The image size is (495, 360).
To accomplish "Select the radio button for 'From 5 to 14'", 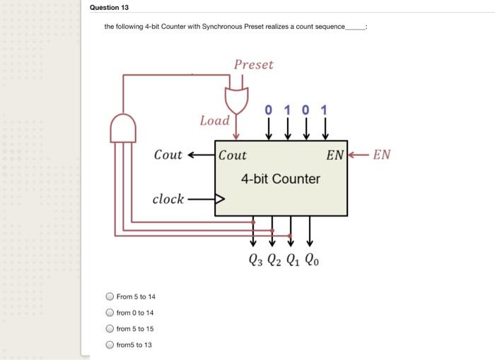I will click(110, 297).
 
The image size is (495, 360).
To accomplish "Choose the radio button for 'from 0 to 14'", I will click(110, 313).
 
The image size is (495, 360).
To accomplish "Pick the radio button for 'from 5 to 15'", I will click(110, 329).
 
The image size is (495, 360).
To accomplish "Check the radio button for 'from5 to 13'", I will click(110, 344).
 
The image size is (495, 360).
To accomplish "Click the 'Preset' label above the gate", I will click(253, 65).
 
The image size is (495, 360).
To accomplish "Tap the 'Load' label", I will click(215, 120).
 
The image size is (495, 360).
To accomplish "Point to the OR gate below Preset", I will click(237, 100).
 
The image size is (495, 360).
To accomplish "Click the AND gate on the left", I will click(122, 129).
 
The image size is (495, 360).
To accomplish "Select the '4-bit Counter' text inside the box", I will click(280, 179).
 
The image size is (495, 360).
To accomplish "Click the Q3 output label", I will click(256, 260).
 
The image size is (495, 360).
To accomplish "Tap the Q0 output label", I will click(313, 260).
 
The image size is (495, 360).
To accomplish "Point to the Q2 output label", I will click(274, 260).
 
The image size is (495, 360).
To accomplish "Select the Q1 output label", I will click(293, 260).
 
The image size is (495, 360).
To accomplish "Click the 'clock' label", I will click(168, 199).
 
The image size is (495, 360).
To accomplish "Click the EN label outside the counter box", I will click(381, 155).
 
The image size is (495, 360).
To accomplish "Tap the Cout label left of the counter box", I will click(168, 155).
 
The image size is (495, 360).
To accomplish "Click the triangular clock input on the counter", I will click(220, 199).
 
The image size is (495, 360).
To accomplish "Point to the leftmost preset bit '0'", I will click(268, 110).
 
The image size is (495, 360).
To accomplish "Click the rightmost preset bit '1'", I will click(324, 110).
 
